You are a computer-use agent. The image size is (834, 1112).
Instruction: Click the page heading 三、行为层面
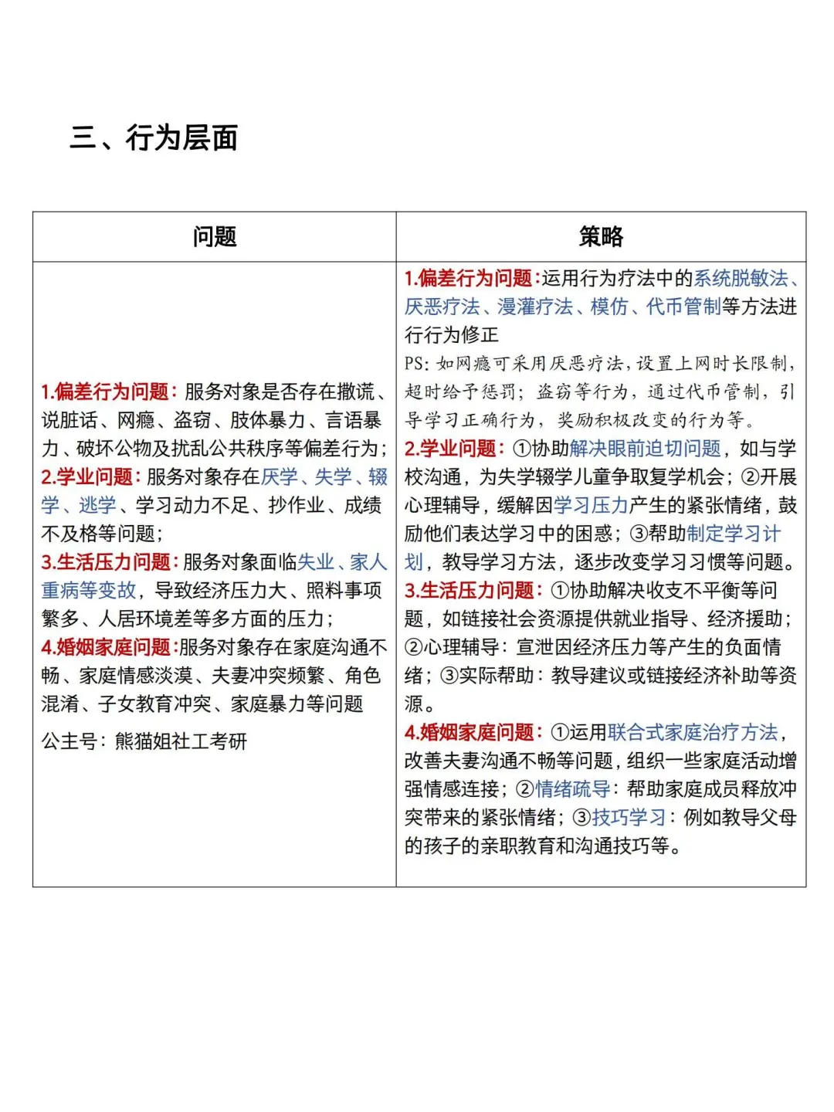pos(154,138)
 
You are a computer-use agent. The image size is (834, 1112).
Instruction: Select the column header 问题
pos(215,237)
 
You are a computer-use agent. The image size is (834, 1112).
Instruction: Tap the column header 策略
pos(601,237)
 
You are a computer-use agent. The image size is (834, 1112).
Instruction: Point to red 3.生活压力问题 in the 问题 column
pos(109,562)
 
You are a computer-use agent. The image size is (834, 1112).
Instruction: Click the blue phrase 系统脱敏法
pos(740,279)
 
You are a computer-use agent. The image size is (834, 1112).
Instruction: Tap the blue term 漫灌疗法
pos(534,307)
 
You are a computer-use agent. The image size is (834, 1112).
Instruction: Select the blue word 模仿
pos(609,307)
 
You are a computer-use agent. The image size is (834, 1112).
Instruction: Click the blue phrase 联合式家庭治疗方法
pos(693,733)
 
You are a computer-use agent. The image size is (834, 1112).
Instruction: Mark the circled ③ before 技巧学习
pos(581,818)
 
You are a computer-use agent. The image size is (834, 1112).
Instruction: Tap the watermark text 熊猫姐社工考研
pos(181,742)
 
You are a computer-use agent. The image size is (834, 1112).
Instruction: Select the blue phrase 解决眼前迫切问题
pos(645,449)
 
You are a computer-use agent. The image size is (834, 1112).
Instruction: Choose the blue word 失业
pos(316,562)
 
